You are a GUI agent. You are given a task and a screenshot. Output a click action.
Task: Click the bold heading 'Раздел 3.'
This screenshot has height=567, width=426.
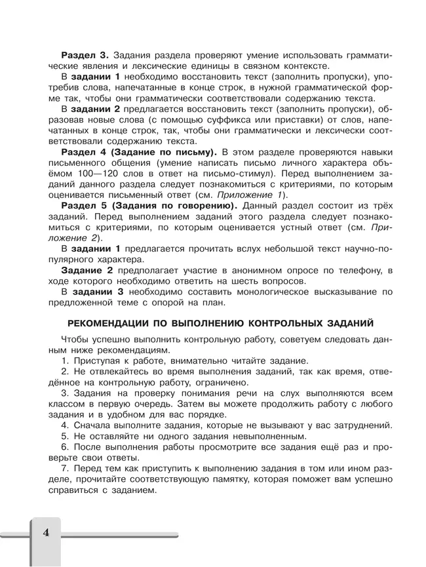click(x=84, y=54)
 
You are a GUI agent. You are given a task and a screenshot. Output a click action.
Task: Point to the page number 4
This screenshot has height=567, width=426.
click(x=46, y=532)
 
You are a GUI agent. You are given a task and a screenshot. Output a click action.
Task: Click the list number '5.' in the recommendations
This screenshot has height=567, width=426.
click(x=65, y=436)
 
